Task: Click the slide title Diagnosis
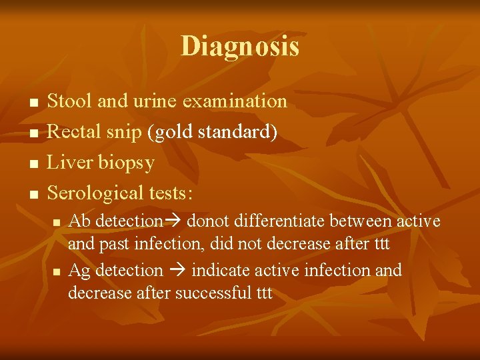click(240, 47)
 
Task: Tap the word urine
click(157, 101)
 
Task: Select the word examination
click(235, 101)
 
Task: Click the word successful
click(211, 293)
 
